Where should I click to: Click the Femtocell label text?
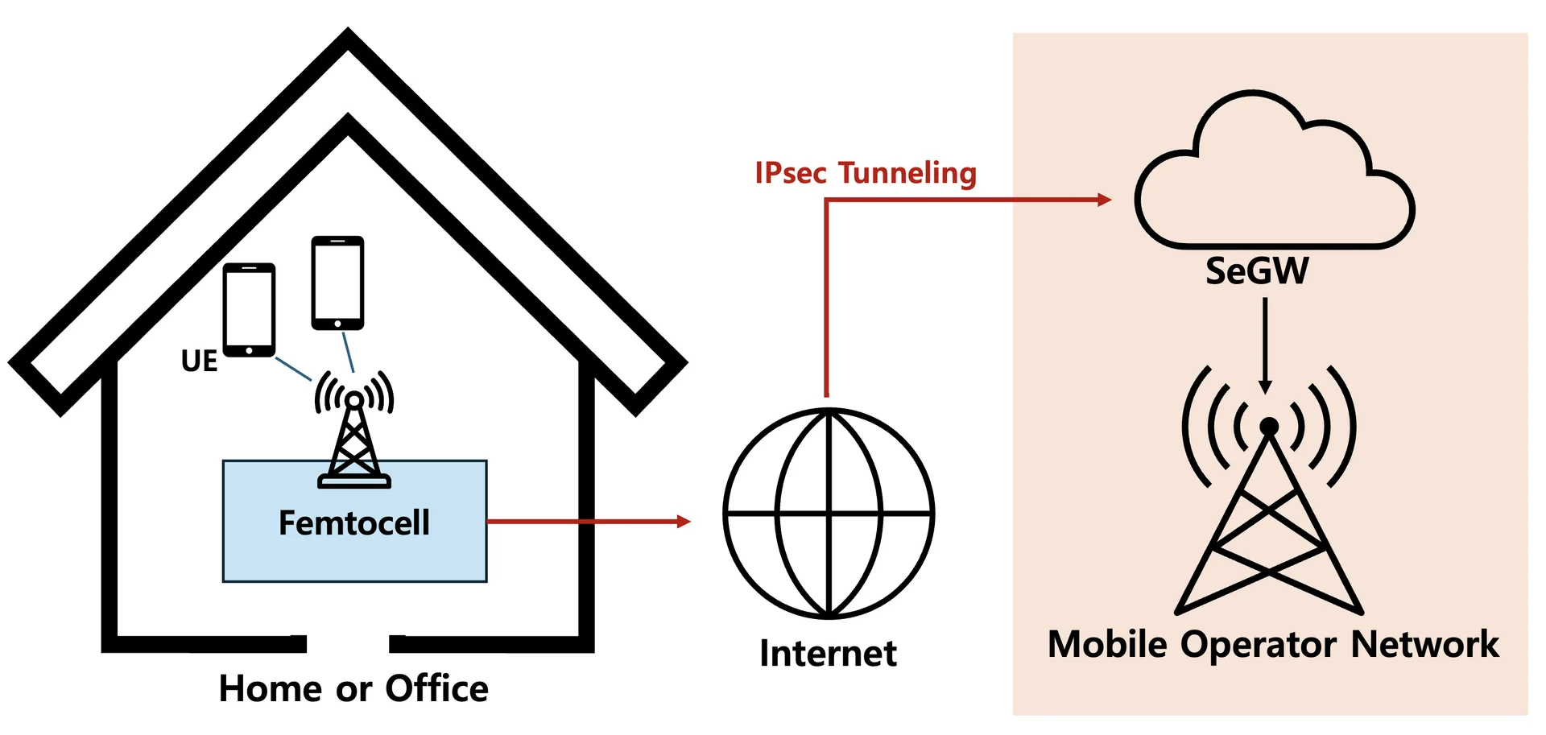coord(354,523)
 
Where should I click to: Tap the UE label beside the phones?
coord(199,361)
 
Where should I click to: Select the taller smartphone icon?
coord(337,283)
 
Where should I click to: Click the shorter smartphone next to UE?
coord(249,309)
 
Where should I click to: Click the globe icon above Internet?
coord(829,513)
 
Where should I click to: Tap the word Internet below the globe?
coord(828,653)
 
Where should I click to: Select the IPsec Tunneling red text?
coord(866,173)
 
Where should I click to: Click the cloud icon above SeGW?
coord(1274,177)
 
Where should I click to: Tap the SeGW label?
coord(1257,271)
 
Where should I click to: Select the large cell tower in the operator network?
coord(1269,499)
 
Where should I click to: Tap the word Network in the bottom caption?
coord(1424,644)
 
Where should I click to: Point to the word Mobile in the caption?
coord(1107,644)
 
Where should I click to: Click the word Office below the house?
coord(436,688)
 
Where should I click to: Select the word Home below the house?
coord(271,688)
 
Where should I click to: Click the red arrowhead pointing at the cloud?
coord(1104,200)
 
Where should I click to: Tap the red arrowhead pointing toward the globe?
coord(684,522)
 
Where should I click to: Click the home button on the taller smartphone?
coord(337,324)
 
